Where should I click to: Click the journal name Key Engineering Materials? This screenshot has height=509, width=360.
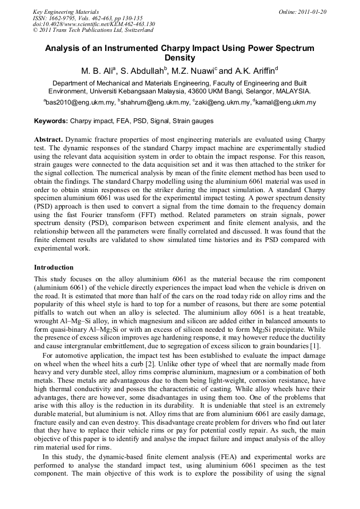pos(66,11)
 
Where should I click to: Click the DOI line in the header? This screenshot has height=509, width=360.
pos(93,24)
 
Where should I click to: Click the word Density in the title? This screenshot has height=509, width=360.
pos(179,58)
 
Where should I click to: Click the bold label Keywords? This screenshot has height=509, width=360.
pos(51,122)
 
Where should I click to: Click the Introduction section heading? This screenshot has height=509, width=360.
pos(54,268)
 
